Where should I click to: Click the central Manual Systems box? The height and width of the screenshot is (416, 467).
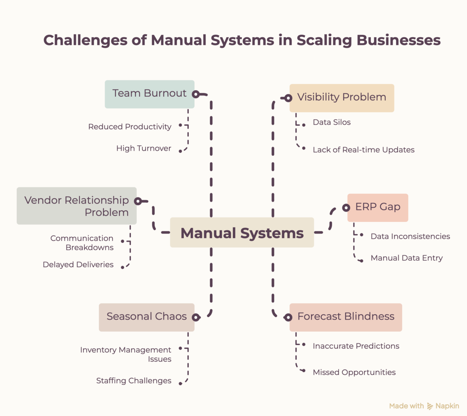pyautogui.click(x=242, y=232)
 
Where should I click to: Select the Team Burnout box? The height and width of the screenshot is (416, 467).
pyautogui.click(x=149, y=94)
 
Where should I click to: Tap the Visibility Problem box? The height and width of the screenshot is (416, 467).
pyautogui.click(x=342, y=98)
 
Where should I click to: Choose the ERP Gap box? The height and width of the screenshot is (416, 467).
pyautogui.click(x=378, y=208)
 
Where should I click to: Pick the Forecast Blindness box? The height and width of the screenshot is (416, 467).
pyautogui.click(x=346, y=317)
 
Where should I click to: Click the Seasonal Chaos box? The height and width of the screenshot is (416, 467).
pyautogui.click(x=147, y=317)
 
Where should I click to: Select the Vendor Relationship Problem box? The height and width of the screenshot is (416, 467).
pyautogui.click(x=77, y=206)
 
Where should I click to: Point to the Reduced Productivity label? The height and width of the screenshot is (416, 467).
pyautogui.click(x=130, y=127)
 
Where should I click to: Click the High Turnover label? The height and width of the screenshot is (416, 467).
pyautogui.click(x=144, y=148)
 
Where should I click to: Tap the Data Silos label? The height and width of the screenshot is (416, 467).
pyautogui.click(x=332, y=122)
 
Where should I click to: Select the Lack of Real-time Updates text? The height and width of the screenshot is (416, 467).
pyautogui.click(x=363, y=150)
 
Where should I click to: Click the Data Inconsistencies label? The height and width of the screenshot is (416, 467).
pyautogui.click(x=410, y=236)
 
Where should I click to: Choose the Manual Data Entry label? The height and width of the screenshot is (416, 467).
pyautogui.click(x=407, y=258)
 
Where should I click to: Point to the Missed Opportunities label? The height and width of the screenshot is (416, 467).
pyautogui.click(x=354, y=372)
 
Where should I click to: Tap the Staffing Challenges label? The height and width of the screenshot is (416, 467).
pyautogui.click(x=134, y=381)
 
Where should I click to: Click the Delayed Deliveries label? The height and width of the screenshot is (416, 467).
pyautogui.click(x=78, y=265)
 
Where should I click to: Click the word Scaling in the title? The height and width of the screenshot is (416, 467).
pyautogui.click(x=324, y=40)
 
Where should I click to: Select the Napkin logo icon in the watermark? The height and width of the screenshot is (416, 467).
pyautogui.click(x=430, y=406)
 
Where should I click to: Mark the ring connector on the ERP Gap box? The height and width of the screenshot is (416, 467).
pyautogui.click(x=346, y=208)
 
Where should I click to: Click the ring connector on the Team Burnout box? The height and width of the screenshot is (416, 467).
pyautogui.click(x=196, y=94)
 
